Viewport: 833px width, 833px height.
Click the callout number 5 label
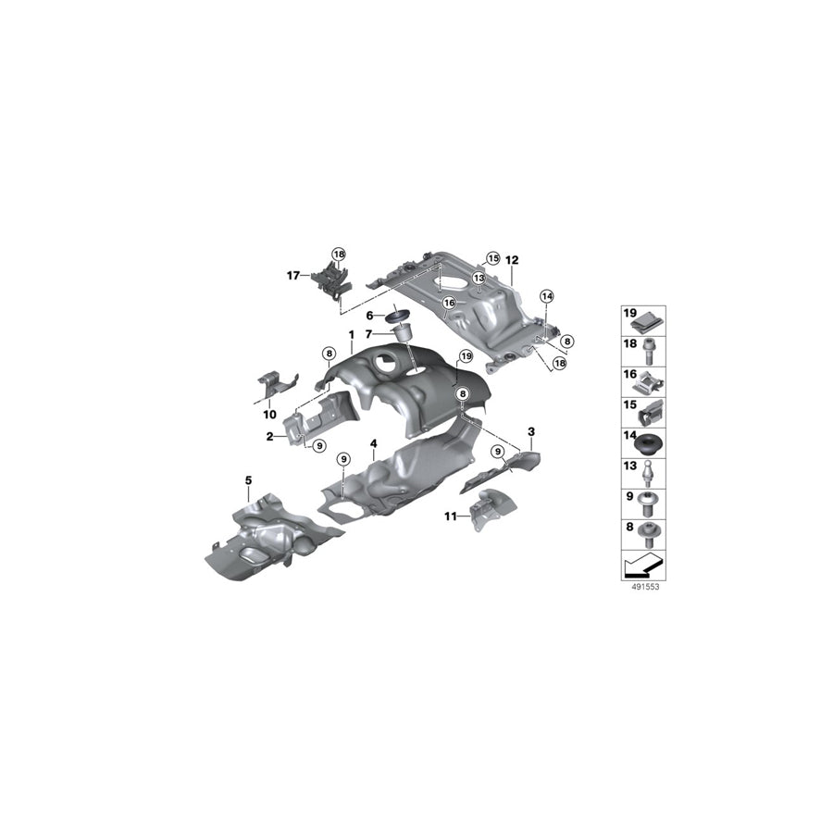(248, 479)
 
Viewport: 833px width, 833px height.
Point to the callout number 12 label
(513, 260)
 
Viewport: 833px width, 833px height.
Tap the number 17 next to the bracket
(292, 274)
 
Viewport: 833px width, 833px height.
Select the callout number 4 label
(373, 444)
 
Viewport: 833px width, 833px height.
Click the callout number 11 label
(450, 516)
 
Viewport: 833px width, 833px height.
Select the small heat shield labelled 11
(488, 512)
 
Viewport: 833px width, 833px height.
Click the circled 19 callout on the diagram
(465, 355)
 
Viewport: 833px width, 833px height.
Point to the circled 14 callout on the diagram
(546, 296)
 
